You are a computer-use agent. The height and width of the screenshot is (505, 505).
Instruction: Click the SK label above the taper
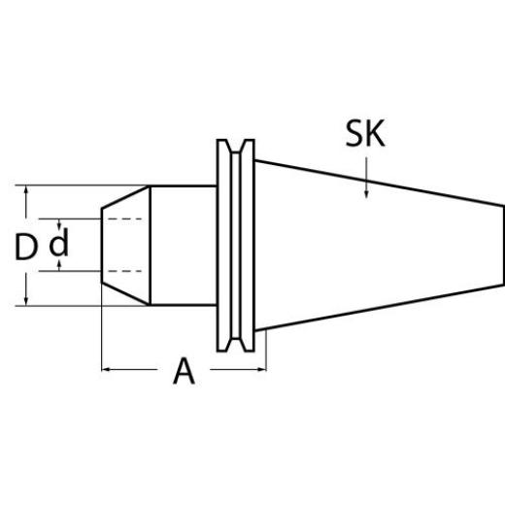pyautogui.click(x=364, y=135)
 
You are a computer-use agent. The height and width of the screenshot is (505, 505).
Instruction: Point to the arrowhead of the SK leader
pyautogui.click(x=365, y=196)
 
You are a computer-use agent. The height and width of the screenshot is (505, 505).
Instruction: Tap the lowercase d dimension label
pyautogui.click(x=59, y=243)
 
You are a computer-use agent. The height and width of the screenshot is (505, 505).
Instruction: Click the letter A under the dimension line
pyautogui.click(x=184, y=371)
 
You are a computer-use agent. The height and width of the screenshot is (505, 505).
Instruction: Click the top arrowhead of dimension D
pyautogui.click(x=25, y=191)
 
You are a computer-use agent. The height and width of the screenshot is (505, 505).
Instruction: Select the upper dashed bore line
pyautogui.click(x=126, y=220)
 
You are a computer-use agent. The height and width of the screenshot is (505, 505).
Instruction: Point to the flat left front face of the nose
pyautogui.click(x=103, y=245)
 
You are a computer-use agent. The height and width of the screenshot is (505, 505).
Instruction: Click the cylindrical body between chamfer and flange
pyautogui.click(x=182, y=245)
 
